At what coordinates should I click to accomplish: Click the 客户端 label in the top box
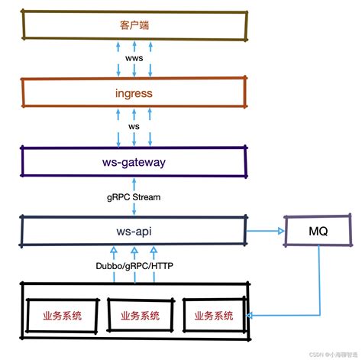134,25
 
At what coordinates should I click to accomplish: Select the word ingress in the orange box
134,93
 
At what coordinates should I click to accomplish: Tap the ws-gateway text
134,162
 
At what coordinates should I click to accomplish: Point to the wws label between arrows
134,59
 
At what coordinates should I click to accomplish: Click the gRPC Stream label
134,196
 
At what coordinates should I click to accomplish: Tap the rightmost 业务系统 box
214,316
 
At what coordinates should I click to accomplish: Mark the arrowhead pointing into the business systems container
254,314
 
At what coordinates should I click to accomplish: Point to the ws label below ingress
134,127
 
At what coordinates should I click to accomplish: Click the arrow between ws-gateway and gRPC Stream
134,184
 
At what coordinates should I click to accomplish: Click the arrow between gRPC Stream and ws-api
134,209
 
